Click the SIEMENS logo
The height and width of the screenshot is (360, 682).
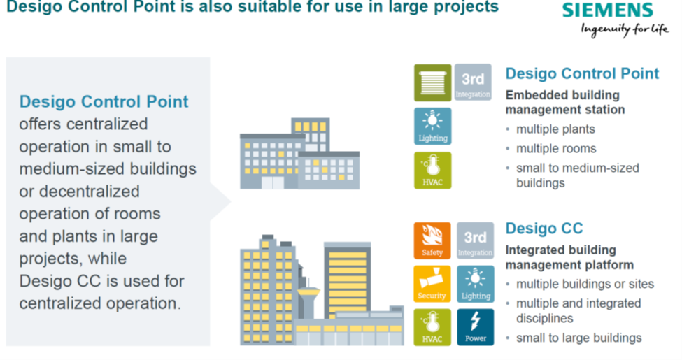pyautogui.click(x=607, y=10)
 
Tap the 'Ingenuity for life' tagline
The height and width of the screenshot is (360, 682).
pyautogui.click(x=625, y=29)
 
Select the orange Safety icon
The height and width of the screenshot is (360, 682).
pyautogui.click(x=432, y=240)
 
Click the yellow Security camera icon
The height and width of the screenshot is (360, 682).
pyautogui.click(x=432, y=284)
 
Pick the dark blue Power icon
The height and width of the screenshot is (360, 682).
pyautogui.click(x=476, y=327)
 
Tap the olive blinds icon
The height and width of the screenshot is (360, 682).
pyautogui.click(x=433, y=82)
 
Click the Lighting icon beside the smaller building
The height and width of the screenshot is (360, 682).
pyautogui.click(x=433, y=126)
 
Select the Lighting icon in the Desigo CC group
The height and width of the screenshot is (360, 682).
pyautogui.click(x=476, y=284)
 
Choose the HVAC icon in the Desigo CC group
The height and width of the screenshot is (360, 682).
pyautogui.click(x=432, y=327)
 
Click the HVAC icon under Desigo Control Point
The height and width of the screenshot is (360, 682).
pyautogui.click(x=433, y=170)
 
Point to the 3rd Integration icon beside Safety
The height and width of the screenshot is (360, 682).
pyautogui.click(x=476, y=240)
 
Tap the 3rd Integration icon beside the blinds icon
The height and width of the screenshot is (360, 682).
pyautogui.click(x=474, y=82)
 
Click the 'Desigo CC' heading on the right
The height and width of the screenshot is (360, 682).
pyautogui.click(x=544, y=229)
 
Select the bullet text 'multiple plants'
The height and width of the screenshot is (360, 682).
pyautogui.click(x=555, y=129)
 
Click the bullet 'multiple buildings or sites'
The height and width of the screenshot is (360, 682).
pyautogui.click(x=585, y=284)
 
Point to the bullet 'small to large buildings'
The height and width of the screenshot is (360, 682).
pyautogui.click(x=579, y=338)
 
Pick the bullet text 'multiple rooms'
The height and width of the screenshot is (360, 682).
pyautogui.click(x=556, y=149)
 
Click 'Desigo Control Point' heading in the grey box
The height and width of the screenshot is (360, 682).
pyautogui.click(x=104, y=101)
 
